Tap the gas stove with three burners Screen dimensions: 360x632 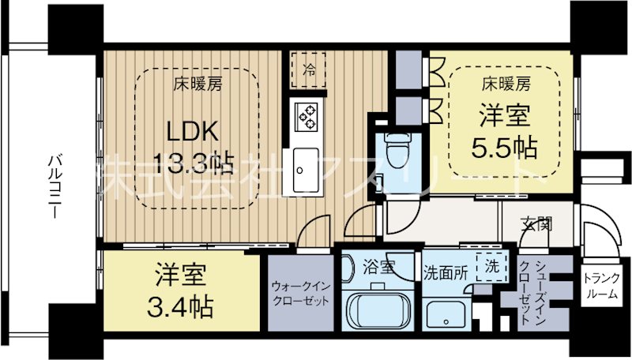coord(306,116)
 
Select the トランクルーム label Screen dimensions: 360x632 coord(603,287)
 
